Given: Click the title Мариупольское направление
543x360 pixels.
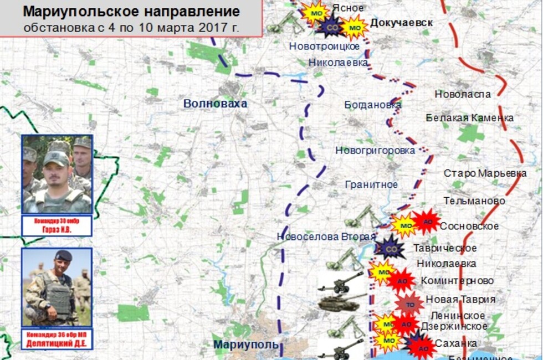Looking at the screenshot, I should [132, 12].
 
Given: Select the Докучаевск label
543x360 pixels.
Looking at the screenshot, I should [401, 23].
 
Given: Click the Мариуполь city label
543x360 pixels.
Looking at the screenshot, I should [246, 344].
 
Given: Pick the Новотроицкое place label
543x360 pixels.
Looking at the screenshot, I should [324, 46].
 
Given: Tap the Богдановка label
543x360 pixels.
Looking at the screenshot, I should [372, 105].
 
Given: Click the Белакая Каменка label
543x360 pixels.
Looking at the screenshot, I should [469, 117].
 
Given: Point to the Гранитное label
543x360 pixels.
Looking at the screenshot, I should [371, 184].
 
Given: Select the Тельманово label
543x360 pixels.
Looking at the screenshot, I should [474, 200].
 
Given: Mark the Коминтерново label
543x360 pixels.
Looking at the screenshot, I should [457, 281].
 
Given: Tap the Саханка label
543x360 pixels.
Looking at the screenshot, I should [455, 343].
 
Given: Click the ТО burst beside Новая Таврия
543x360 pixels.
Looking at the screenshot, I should [409, 304].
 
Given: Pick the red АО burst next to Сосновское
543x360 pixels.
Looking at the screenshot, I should [426, 223].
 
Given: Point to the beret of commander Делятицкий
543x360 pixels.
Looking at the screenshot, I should [63, 255].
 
